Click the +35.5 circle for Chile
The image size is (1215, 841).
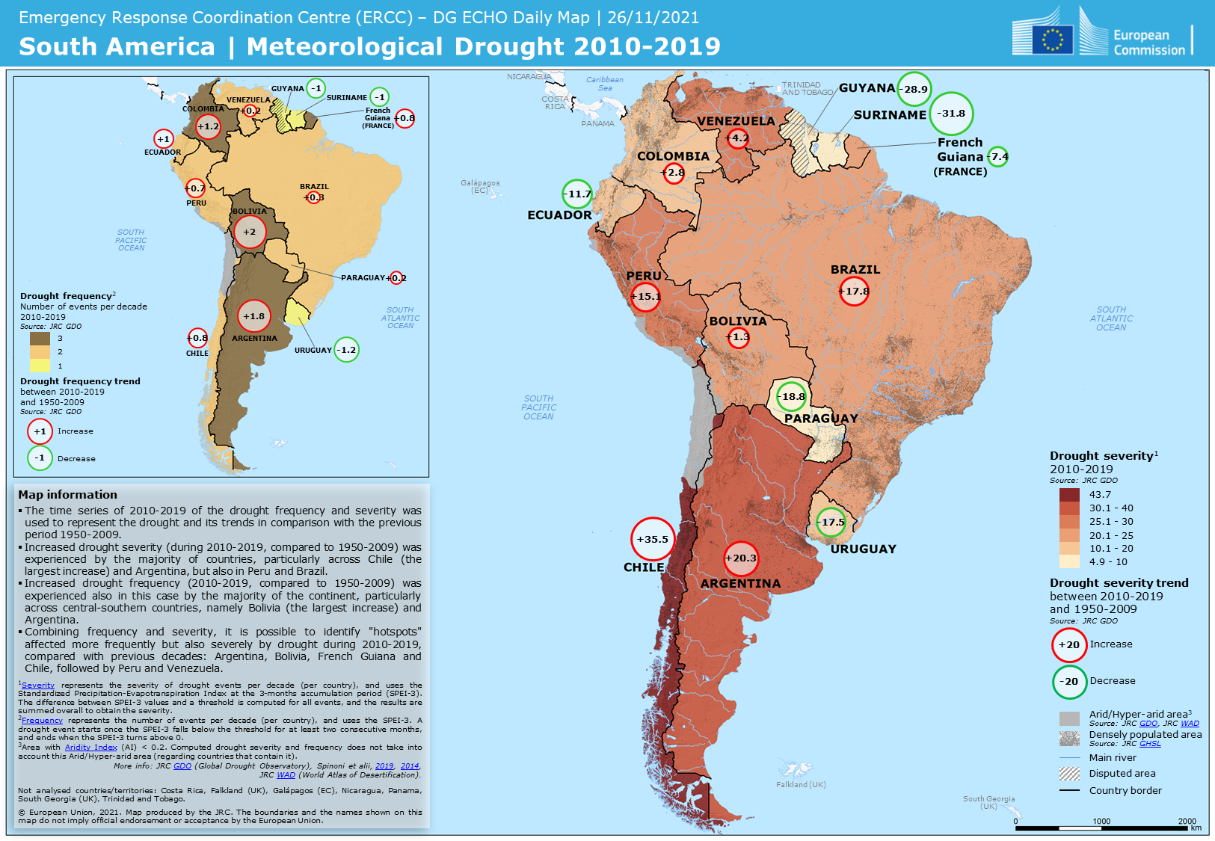[652, 539]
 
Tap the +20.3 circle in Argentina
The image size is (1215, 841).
[741, 558]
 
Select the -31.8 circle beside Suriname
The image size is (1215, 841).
[951, 114]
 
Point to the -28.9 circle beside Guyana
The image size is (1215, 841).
[914, 89]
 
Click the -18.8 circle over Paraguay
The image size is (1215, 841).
[792, 396]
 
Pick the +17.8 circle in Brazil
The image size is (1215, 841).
[854, 291]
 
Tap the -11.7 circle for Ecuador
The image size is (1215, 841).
[577, 194]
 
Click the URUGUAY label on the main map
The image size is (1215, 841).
[863, 549]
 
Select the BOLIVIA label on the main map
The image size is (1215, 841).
[738, 321]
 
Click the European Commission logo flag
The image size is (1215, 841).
[1052, 39]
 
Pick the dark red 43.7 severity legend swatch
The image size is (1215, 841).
[1069, 494]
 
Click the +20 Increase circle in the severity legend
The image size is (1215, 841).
[1069, 644]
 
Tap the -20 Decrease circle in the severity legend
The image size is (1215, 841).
[1069, 681]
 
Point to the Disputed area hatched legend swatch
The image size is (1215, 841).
[1069, 774]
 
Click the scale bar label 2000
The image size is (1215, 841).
[1187, 821]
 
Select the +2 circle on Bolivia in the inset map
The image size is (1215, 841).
[250, 232]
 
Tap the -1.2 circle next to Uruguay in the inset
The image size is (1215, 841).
[346, 349]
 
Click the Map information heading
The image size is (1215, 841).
[68, 494]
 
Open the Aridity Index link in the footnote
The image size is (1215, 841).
[90, 747]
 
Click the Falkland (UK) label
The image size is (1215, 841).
[801, 784]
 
